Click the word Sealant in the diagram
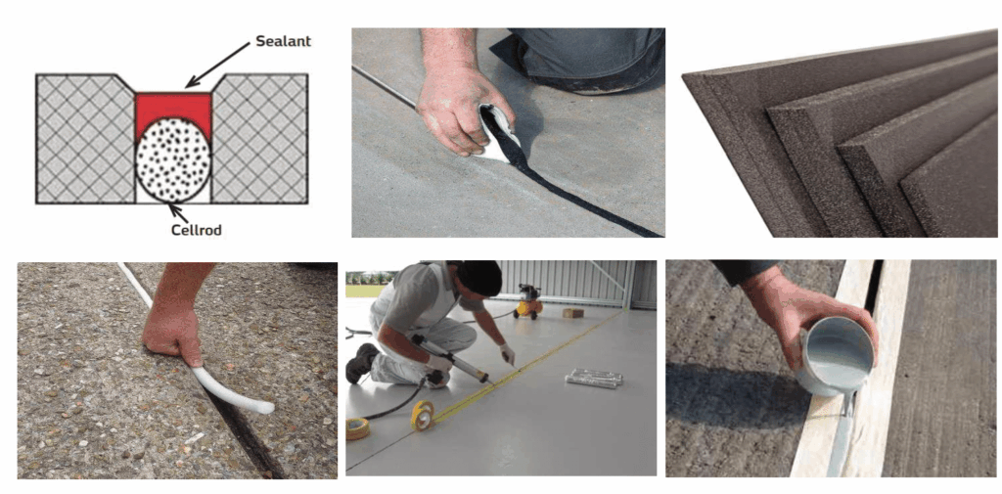283,41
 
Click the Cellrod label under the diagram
197,230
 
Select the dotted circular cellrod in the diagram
173,165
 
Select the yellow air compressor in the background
527,301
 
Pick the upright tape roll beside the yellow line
423,415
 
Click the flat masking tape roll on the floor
357,427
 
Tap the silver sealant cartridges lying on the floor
594,378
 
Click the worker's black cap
478,277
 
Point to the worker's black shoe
362,362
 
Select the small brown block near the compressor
573,312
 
